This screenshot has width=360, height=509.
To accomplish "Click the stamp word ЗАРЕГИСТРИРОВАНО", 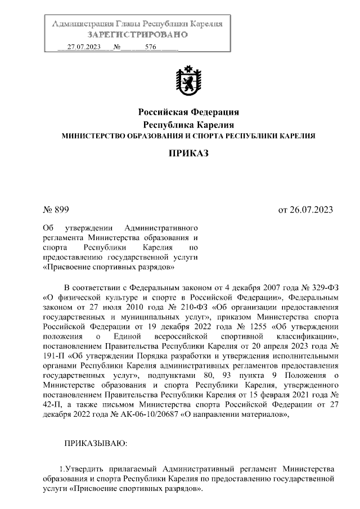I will click(x=137, y=35).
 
